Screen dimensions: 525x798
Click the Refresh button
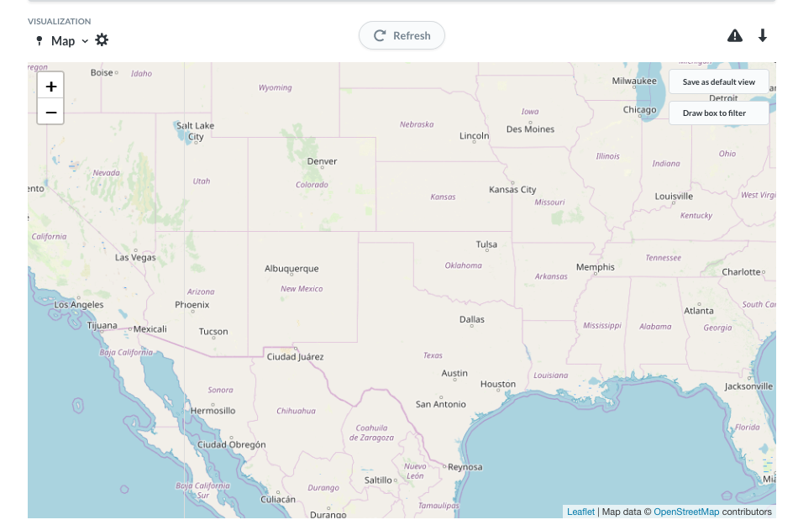(402, 35)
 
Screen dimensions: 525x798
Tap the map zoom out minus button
(50, 112)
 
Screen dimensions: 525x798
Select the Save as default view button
(718, 81)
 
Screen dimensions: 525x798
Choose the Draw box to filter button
(718, 113)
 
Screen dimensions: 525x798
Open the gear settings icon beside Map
(102, 40)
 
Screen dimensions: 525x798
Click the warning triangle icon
(735, 35)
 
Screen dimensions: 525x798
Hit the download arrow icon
(763, 35)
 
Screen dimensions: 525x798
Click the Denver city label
(322, 161)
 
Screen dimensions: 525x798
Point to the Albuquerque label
(291, 269)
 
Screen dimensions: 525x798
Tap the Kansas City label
(512, 190)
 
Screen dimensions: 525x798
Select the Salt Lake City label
(196, 131)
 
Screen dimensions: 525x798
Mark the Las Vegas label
(135, 257)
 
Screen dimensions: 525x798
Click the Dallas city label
(472, 319)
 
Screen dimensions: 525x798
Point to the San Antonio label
(441, 404)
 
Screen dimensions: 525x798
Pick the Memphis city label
(595, 267)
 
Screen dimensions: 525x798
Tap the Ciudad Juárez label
(295, 357)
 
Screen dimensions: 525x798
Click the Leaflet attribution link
(580, 512)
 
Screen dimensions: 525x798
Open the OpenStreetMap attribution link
(686, 512)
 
